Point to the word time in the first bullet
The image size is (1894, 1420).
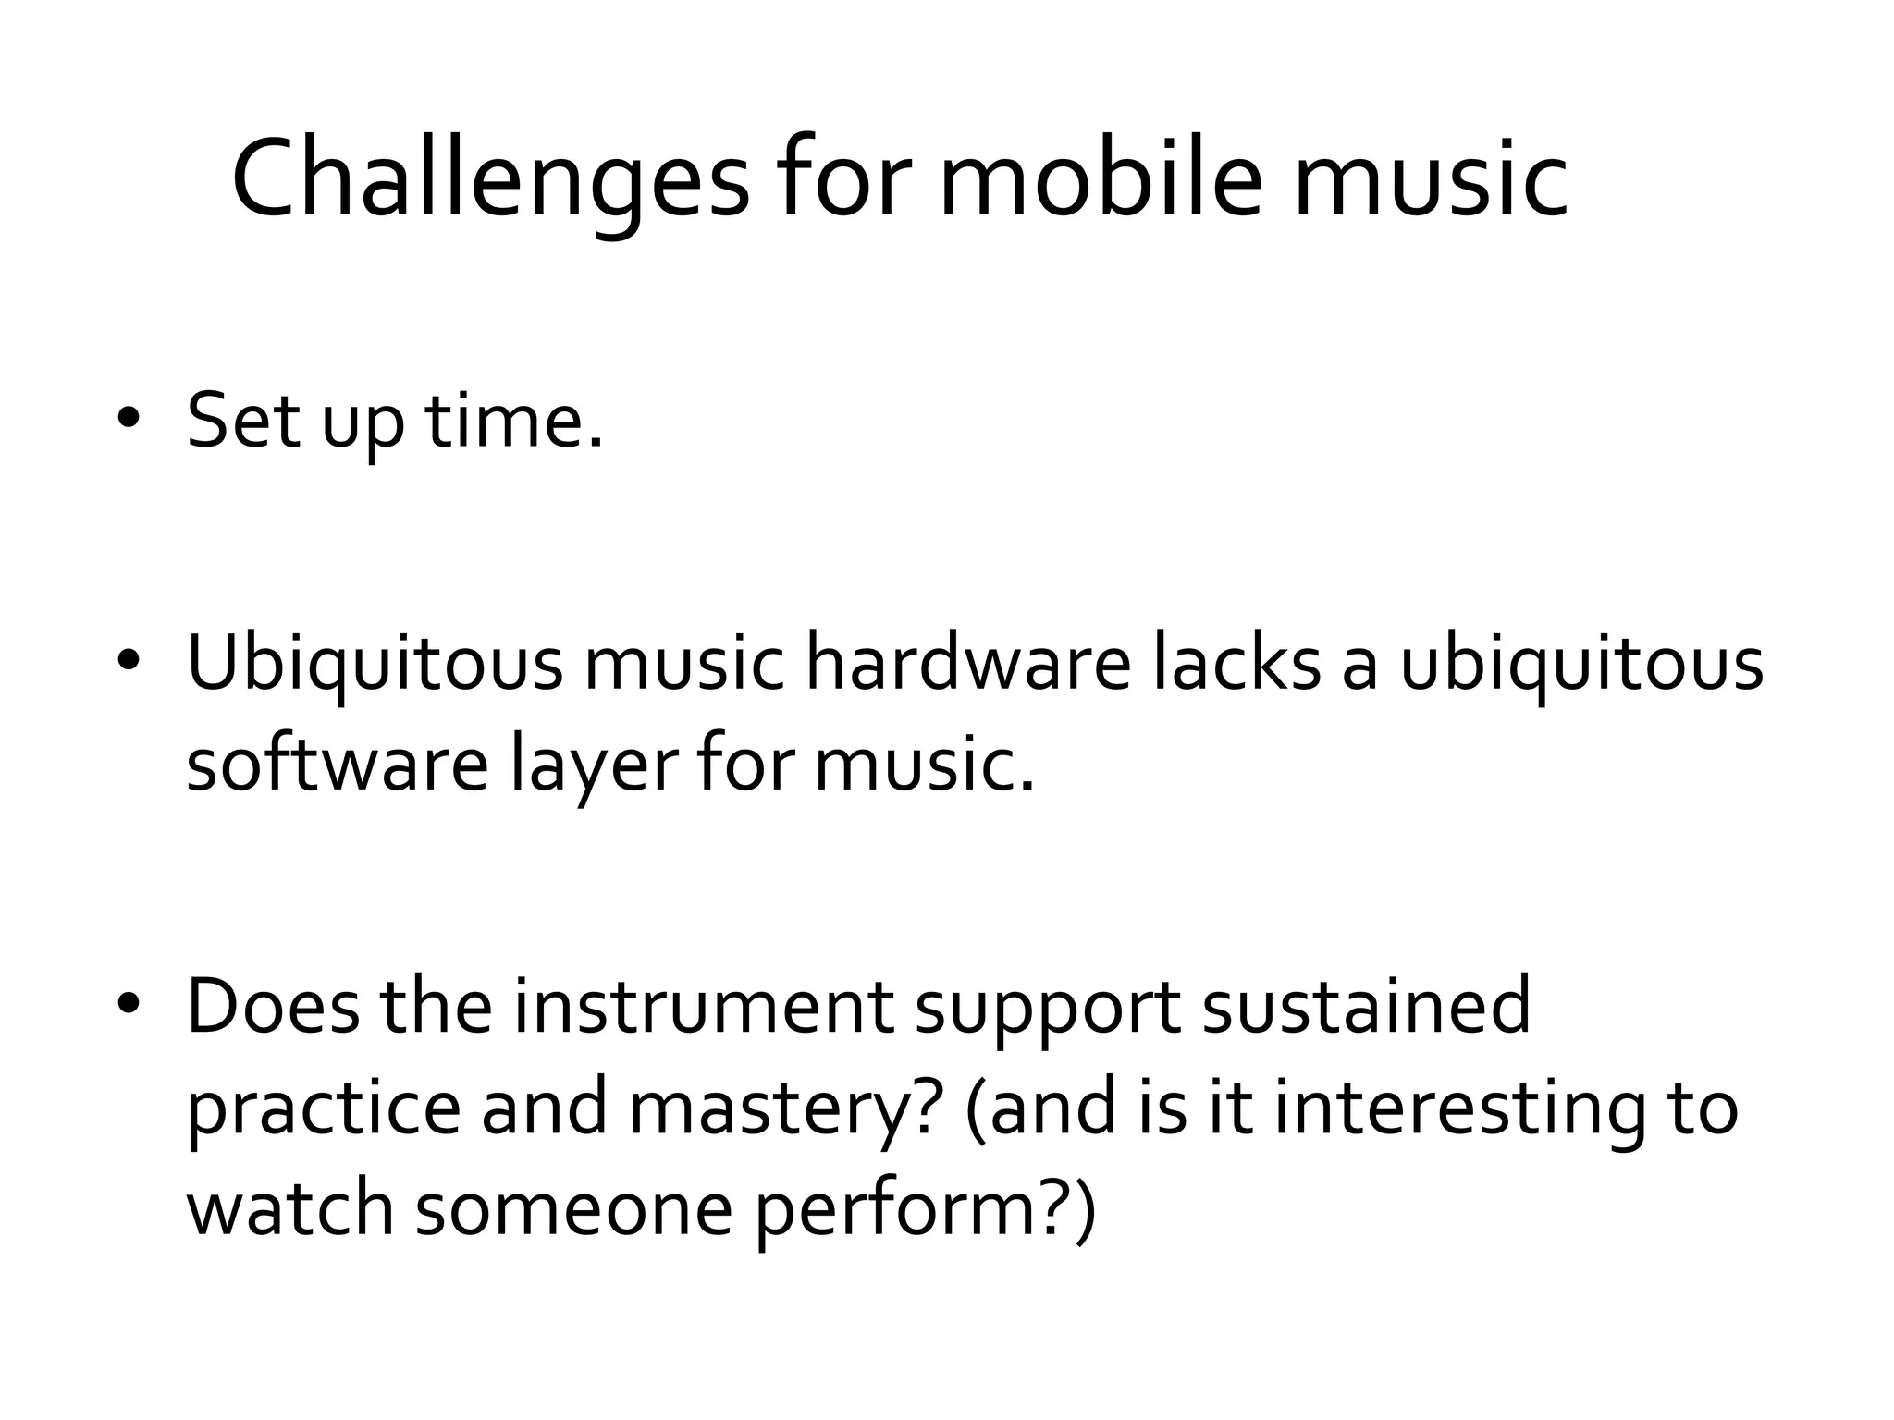513,422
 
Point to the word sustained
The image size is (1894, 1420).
1366,1007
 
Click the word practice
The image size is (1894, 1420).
323,1108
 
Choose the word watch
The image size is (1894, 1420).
290,1209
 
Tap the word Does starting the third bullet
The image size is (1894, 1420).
272,1007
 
